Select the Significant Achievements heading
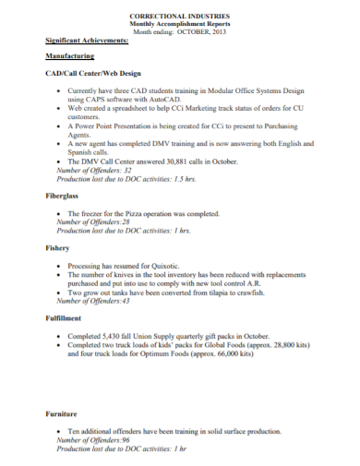(87, 41)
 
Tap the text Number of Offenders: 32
(94, 171)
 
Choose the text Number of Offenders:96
(93, 440)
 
